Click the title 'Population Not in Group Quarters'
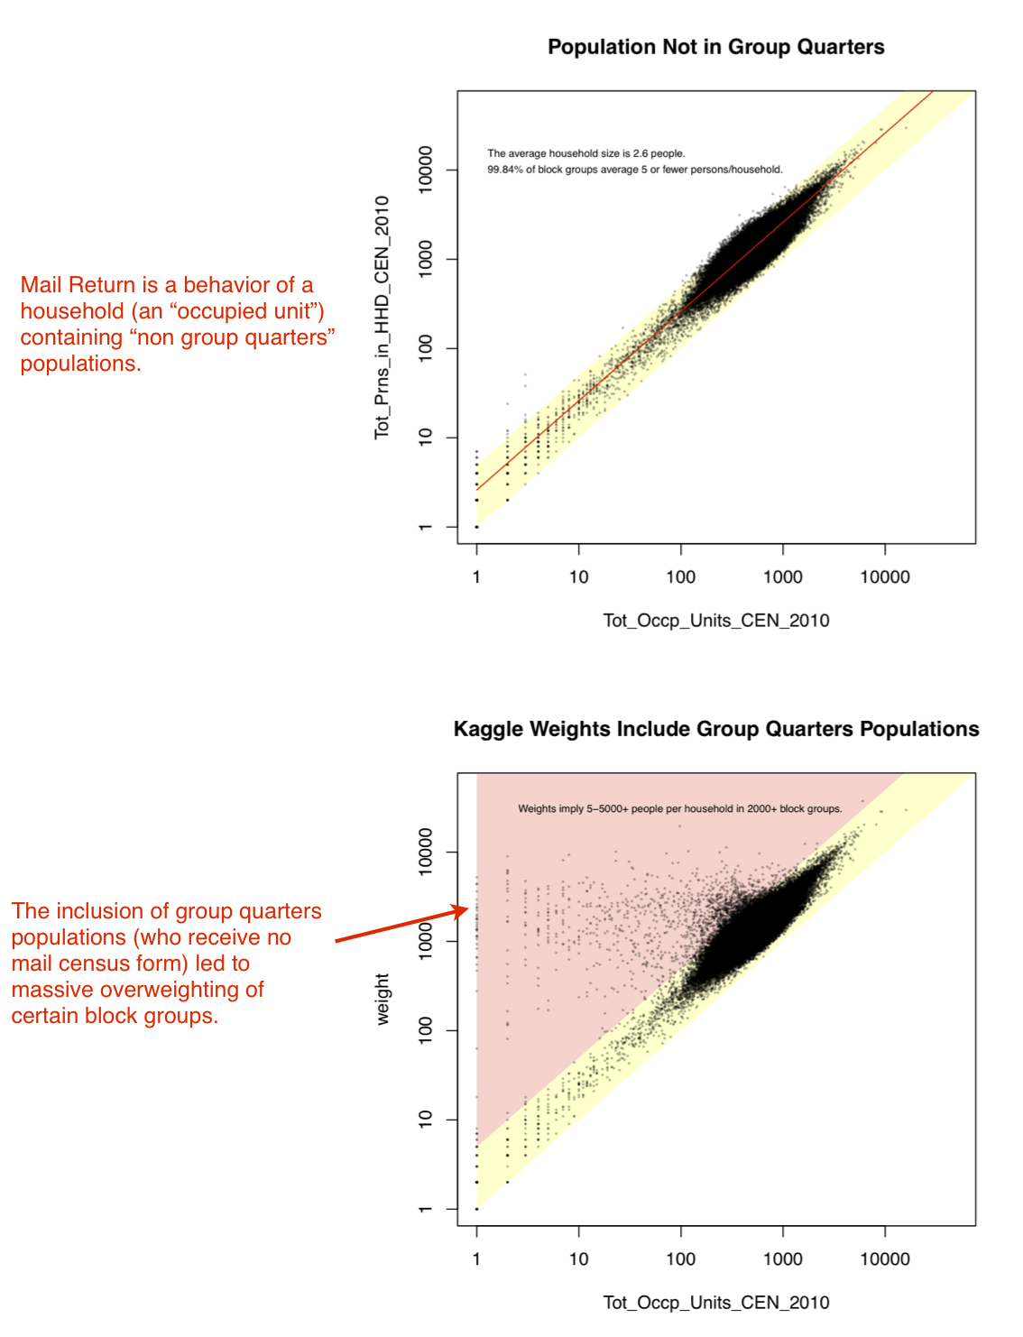pos(715,47)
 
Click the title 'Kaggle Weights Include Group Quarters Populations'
pos(715,729)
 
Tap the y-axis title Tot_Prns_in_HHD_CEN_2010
pos(382,318)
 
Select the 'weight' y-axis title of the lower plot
pos(382,999)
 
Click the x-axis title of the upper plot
pos(715,621)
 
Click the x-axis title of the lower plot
pos(715,1303)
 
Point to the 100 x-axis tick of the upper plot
pos(680,577)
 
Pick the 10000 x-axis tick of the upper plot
pos(884,577)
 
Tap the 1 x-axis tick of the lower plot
pos(476,1259)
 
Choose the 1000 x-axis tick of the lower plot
pos(782,1259)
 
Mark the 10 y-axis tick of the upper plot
pos(426,438)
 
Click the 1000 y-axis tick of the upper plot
pos(426,259)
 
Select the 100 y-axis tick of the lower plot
pos(426,1030)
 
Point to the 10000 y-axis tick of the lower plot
pos(426,852)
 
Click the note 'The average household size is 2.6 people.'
pos(586,153)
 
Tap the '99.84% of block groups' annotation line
pos(635,170)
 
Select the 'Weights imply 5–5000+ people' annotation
pos(679,809)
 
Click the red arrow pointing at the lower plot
pos(402,926)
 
